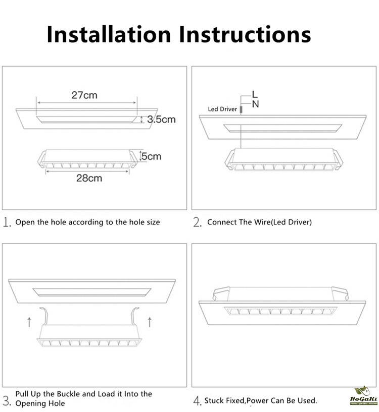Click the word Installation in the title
tap(109, 34)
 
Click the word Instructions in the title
tap(245, 34)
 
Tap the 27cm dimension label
tap(84, 95)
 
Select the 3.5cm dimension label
tap(161, 120)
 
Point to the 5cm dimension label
tap(152, 156)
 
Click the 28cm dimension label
tap(89, 178)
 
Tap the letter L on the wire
tap(255, 94)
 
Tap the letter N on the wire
tap(256, 104)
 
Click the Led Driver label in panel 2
tap(222, 109)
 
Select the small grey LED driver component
tap(241, 109)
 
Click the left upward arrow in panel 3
tap(29, 322)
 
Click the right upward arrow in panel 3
tap(150, 322)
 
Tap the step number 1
tap(7, 222)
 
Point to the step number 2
tap(197, 222)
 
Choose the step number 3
tap(7, 401)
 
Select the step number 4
tap(197, 401)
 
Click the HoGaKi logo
tap(364, 396)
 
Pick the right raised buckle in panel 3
tap(135, 316)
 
